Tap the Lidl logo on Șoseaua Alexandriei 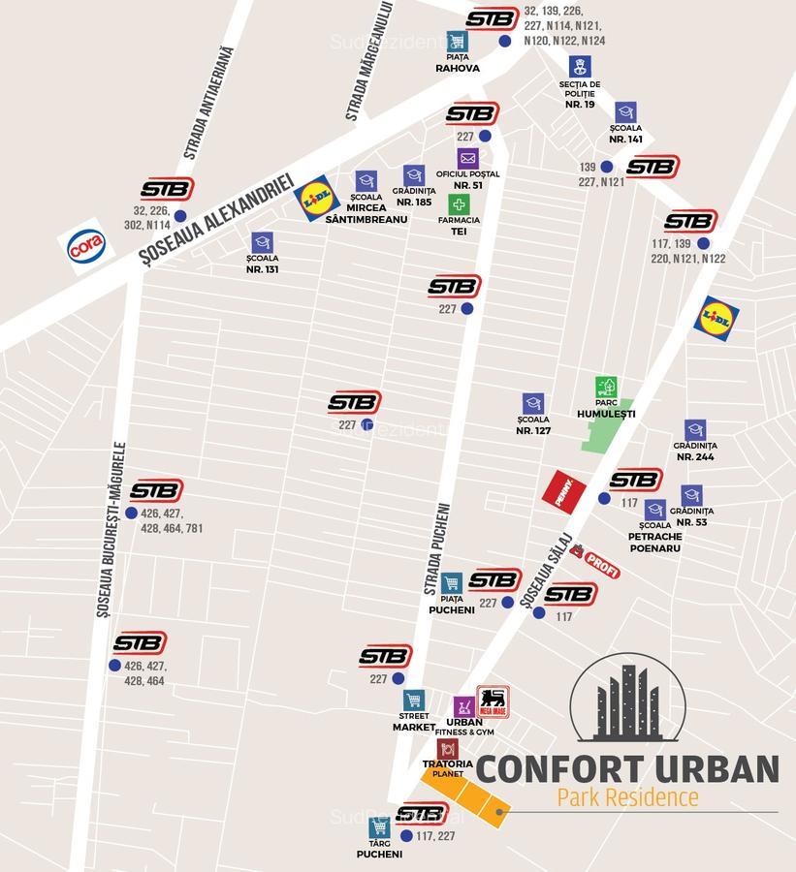tap(316, 199)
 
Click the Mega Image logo tap(494, 700)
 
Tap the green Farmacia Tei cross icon tap(459, 204)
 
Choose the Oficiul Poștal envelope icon tap(468, 158)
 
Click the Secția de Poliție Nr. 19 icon tap(580, 67)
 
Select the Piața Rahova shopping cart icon tap(457, 42)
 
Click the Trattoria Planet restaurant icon tap(448, 748)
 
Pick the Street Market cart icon tap(414, 701)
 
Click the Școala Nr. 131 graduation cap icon tap(262, 242)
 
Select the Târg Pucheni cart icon tap(379, 828)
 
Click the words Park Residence tap(627, 798)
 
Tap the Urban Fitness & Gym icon tap(464, 706)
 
